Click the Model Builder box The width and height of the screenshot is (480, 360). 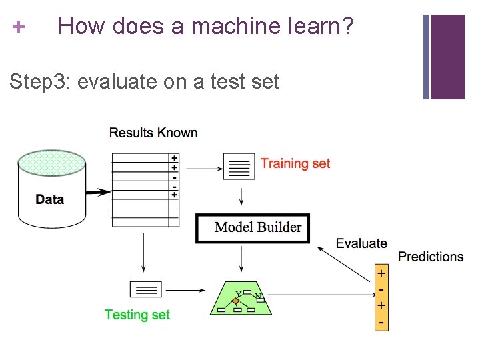pos(253,228)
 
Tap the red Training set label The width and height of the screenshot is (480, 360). pos(295,163)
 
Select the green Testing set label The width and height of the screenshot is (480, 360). pos(137,315)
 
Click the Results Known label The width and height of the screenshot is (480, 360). pos(153,133)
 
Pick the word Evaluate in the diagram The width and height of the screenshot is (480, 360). pos(361,243)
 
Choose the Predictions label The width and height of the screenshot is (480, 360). pos(430,257)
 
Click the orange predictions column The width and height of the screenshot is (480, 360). pos(381,298)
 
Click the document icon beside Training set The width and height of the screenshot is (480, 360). pos(239,167)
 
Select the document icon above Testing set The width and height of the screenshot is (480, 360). pos(145,290)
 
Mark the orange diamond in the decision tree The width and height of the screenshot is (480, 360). pos(235,301)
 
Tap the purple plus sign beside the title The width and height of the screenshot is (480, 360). pos(19,27)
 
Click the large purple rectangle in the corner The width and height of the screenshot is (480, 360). pos(447,57)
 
